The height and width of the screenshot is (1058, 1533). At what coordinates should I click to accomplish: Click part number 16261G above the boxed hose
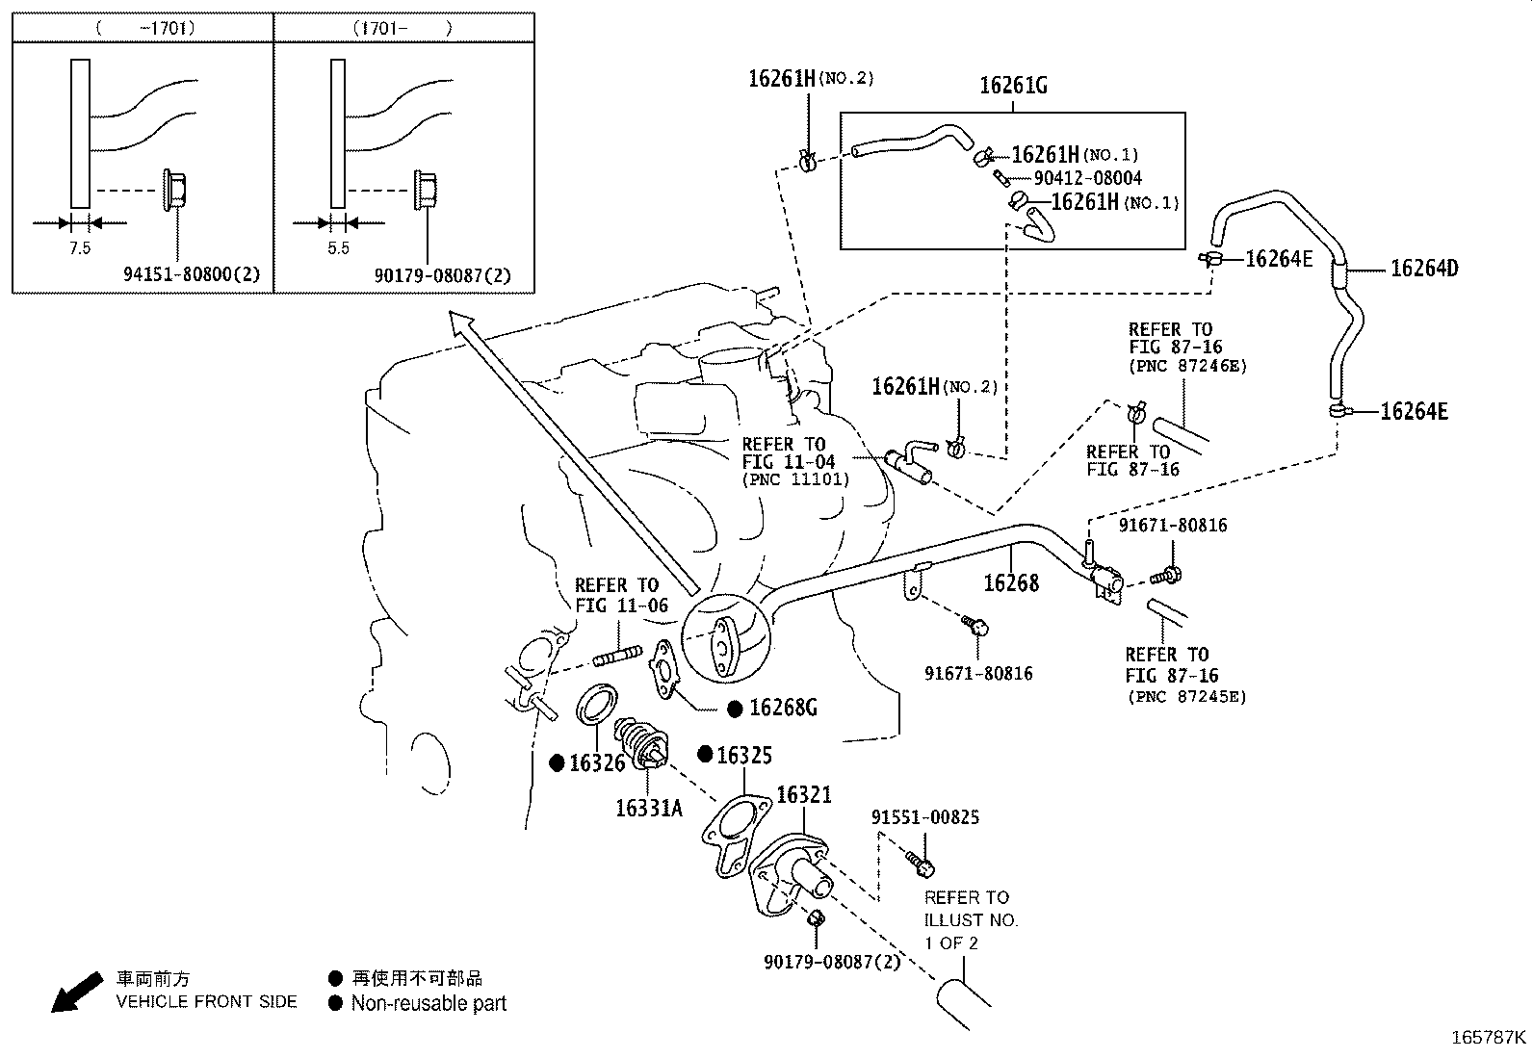[x=1013, y=86]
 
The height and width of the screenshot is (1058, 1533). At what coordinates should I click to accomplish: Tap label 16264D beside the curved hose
[x=1423, y=269]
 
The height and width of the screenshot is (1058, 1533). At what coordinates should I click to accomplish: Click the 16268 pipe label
[x=1010, y=582]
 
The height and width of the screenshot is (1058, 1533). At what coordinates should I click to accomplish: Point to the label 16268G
[x=782, y=709]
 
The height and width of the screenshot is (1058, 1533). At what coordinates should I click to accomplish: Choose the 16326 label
[x=596, y=763]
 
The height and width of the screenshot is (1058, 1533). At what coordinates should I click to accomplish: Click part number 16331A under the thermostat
[x=648, y=808]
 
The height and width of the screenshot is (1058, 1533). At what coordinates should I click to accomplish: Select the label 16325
[x=743, y=756]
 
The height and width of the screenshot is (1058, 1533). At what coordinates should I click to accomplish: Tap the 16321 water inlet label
[x=803, y=795]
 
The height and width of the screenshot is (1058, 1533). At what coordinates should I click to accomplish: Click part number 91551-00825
[x=924, y=817]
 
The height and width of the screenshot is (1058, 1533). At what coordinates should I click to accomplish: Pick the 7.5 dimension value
[x=79, y=248]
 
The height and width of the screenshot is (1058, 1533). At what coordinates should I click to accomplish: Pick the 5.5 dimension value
[x=338, y=248]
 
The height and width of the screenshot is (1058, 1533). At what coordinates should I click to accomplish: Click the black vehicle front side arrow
[x=76, y=993]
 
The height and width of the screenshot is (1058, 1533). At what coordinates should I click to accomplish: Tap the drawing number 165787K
[x=1489, y=1038]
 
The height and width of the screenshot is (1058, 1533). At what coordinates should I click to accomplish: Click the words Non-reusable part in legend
[x=428, y=1004]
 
